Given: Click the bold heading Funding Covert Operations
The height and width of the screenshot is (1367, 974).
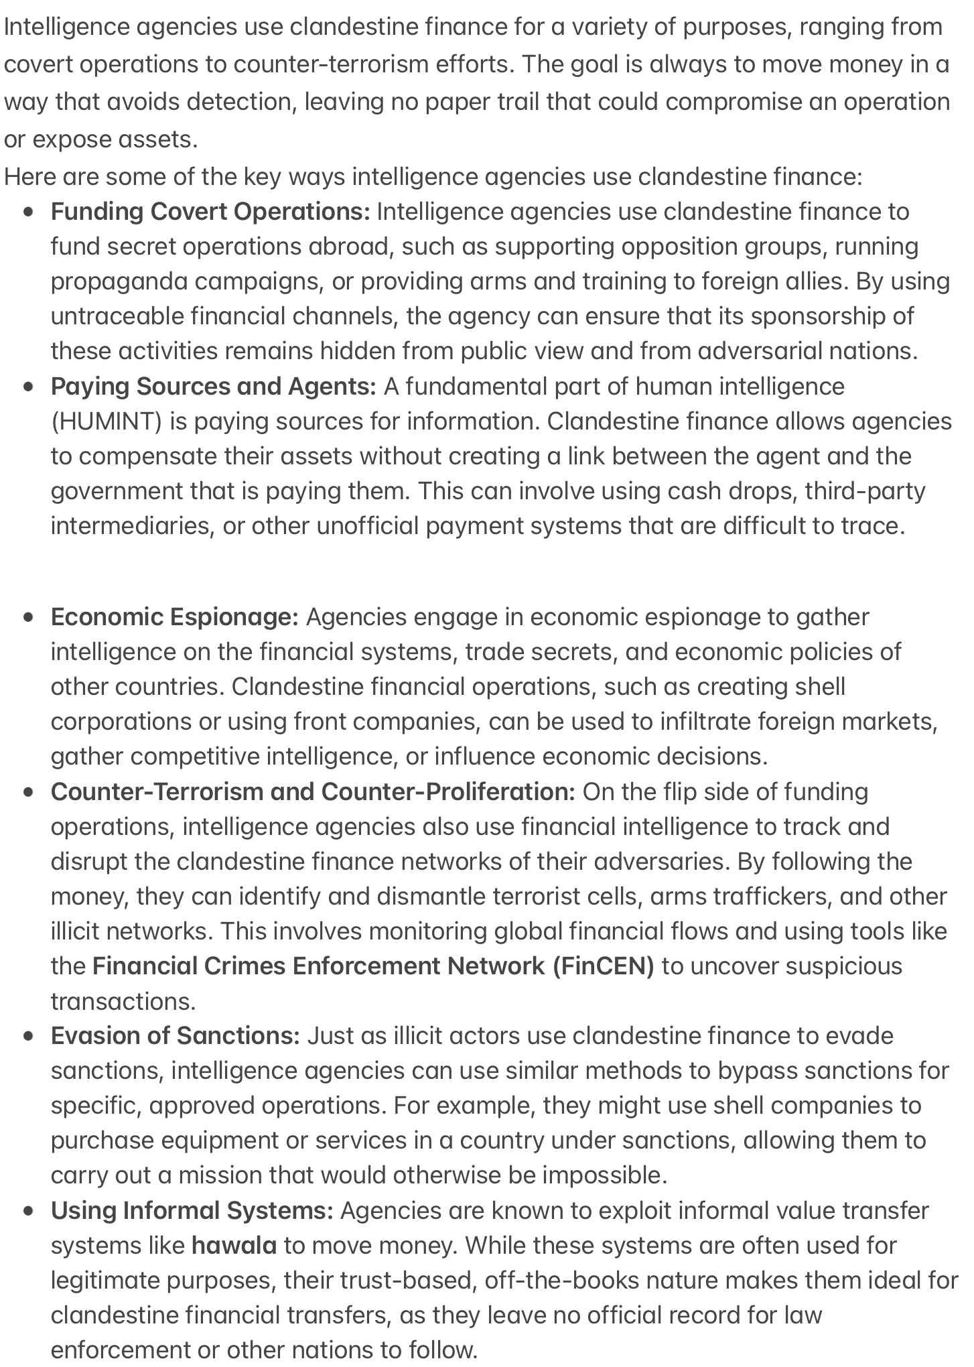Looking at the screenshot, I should coord(210,212).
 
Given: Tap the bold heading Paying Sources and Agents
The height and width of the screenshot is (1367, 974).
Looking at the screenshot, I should coord(213,387).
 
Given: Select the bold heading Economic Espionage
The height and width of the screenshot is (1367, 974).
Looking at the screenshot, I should coord(174,617).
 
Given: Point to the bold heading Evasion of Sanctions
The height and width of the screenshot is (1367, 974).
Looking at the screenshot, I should coord(175,1036).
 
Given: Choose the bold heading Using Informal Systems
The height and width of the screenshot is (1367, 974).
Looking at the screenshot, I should coord(192,1211).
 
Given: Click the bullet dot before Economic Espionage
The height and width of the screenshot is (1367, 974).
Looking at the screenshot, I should coord(28,617).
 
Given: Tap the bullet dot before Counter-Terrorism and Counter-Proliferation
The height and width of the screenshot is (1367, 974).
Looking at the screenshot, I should coord(28,792).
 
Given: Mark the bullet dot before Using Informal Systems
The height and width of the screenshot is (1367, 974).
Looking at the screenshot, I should coord(28,1211).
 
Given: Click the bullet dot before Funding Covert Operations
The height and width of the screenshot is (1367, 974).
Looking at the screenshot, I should coord(28,212).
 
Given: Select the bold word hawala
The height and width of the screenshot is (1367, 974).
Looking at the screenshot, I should coord(234,1246).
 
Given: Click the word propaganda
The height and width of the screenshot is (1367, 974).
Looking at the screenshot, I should coord(119,281).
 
